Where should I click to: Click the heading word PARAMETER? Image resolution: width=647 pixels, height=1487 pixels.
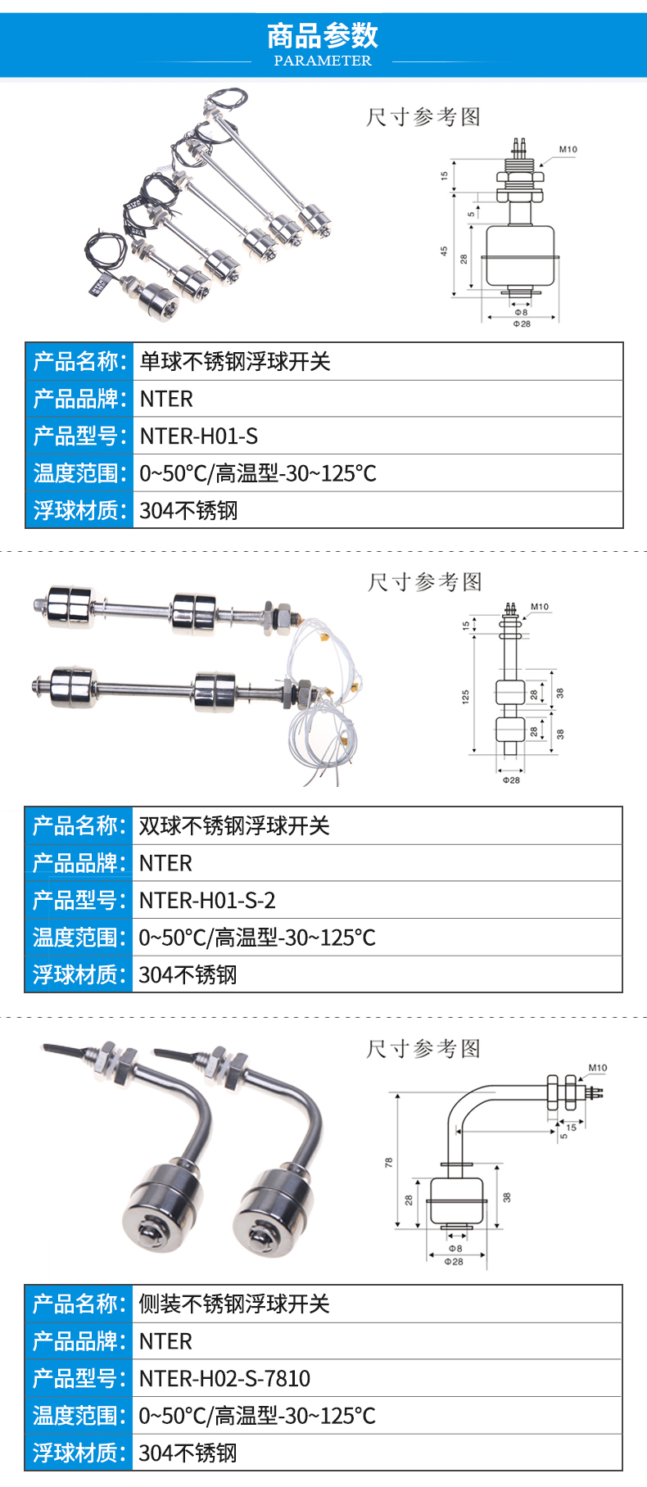coord(323,61)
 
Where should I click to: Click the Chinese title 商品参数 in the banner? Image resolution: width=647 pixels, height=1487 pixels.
coord(323,35)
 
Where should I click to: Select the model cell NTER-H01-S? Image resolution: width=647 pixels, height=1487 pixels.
coord(199,436)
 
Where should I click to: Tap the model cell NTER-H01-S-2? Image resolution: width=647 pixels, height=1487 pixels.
coord(207,901)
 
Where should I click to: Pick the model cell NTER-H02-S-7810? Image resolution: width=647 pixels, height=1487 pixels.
coord(224,1379)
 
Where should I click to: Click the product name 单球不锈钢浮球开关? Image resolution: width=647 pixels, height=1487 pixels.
coord(235,362)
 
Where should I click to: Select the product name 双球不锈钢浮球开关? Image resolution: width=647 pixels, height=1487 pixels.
coord(234,826)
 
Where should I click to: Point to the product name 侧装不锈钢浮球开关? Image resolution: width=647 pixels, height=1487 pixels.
coord(234,1304)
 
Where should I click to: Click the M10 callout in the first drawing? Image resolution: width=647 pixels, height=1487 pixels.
coord(568,150)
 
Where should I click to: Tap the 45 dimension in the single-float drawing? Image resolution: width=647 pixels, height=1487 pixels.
coord(445,251)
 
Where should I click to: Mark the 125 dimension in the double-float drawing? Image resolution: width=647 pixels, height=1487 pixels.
coord(465,697)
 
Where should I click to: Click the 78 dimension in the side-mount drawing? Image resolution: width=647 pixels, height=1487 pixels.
coord(388,1162)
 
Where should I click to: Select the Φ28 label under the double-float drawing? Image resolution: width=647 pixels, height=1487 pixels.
coord(511,780)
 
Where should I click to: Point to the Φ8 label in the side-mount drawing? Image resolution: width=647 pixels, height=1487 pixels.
coord(455,1249)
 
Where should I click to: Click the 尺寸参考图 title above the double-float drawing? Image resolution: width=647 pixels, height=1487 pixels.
coord(424,582)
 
